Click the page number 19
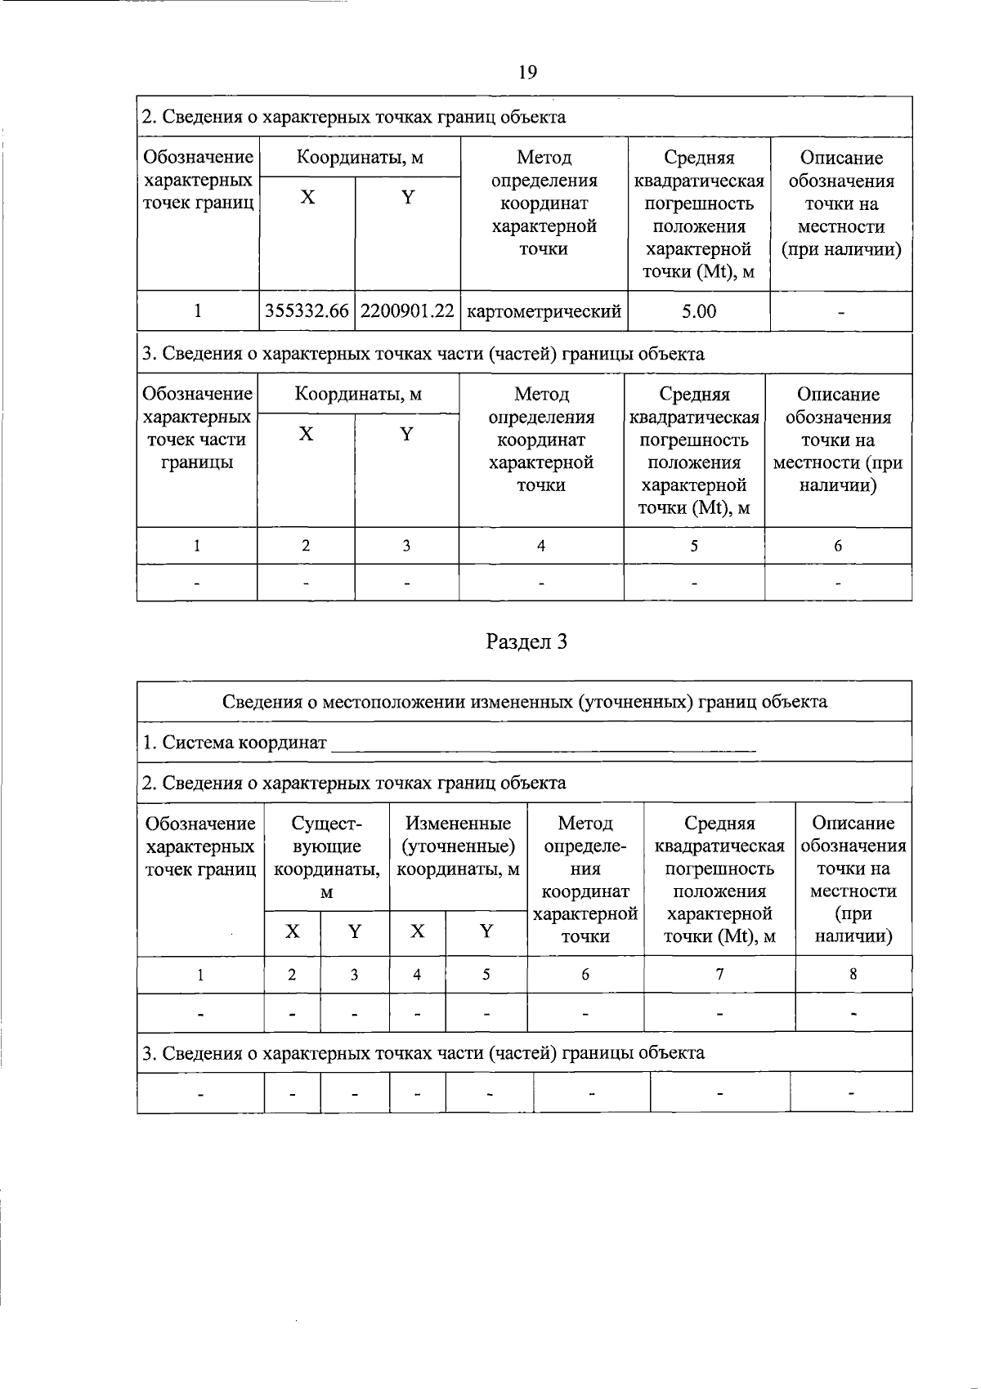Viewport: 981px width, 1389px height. (x=527, y=72)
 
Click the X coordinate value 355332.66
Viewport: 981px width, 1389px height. (x=307, y=311)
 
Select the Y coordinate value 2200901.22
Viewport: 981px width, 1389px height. (x=407, y=311)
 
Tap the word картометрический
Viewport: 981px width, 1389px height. (x=544, y=311)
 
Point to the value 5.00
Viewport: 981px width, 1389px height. (x=699, y=311)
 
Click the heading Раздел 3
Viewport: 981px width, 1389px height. (x=526, y=642)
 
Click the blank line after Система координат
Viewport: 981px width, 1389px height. (x=544, y=744)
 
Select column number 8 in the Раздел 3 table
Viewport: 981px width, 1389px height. (x=853, y=974)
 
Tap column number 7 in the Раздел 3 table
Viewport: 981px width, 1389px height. (x=719, y=974)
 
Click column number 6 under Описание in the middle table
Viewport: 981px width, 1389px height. (x=838, y=546)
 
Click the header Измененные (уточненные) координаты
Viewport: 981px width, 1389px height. (x=458, y=846)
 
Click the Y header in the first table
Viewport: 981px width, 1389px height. (x=407, y=197)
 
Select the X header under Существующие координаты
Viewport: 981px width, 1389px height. (x=292, y=931)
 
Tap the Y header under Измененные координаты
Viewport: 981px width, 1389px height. (x=486, y=931)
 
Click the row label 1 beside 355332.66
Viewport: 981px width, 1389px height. (x=197, y=311)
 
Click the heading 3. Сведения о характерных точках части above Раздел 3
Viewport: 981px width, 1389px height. (x=423, y=354)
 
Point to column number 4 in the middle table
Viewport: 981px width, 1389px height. (x=540, y=546)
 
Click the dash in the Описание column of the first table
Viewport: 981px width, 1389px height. (x=840, y=312)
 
